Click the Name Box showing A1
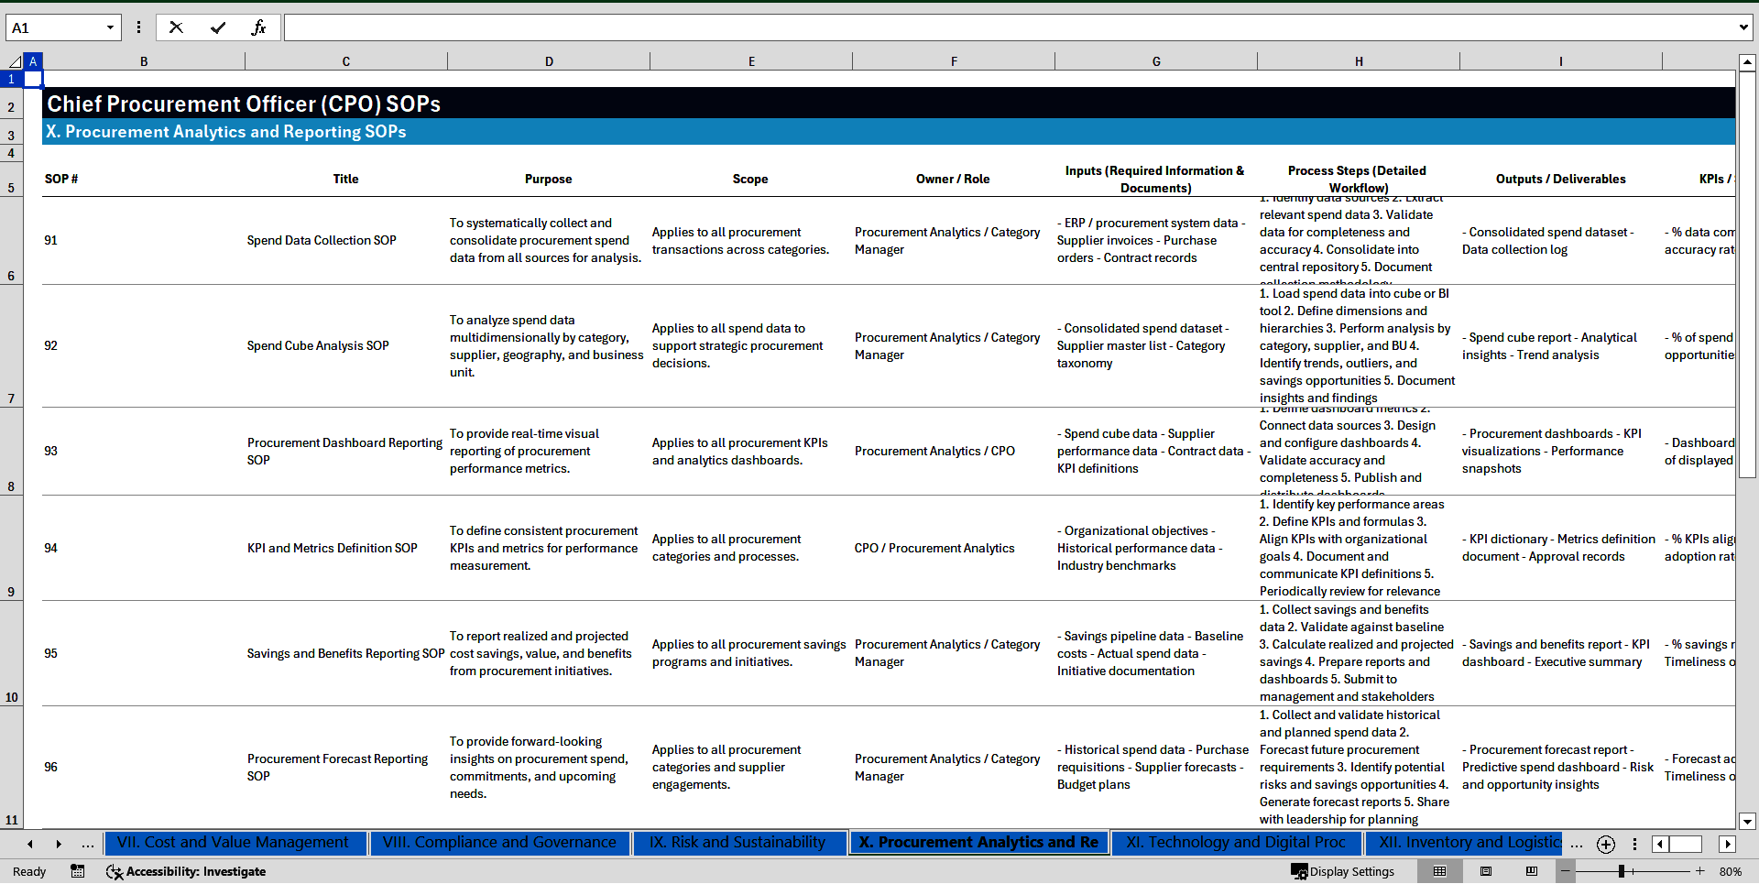55,27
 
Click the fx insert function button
258,27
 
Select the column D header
549,61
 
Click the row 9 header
11,592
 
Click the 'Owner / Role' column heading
953,179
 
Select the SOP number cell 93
51,451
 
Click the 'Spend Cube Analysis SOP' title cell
318,345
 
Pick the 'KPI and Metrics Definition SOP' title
332,548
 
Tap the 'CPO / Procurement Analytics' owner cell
934,548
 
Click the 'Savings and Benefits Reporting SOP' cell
345,653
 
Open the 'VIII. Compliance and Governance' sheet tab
499,843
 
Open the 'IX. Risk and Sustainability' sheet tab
737,843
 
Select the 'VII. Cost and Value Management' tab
233,843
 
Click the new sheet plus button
1606,844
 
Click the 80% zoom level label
1731,871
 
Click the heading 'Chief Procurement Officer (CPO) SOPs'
244,104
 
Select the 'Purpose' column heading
548,179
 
